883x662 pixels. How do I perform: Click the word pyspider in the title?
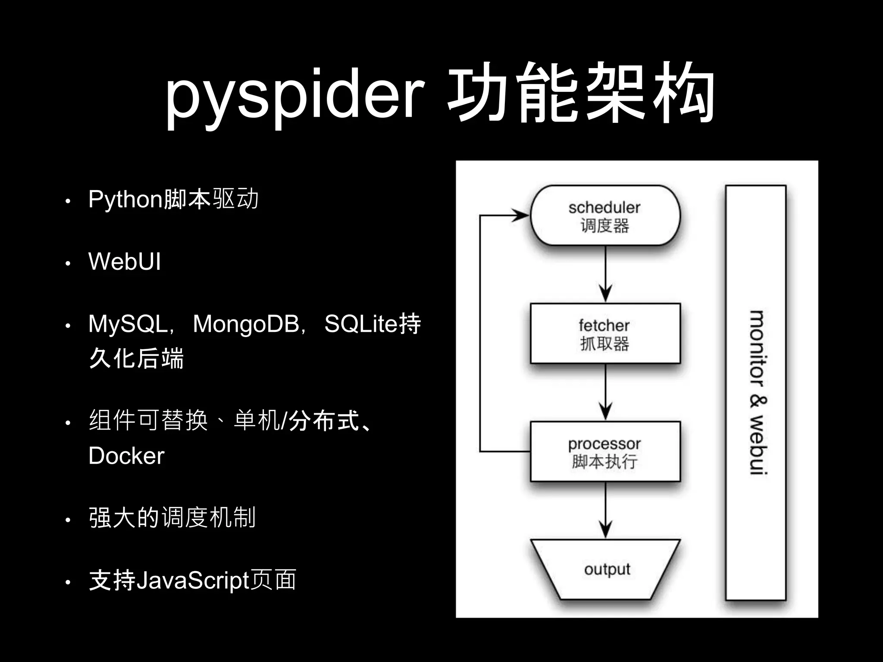[294, 96]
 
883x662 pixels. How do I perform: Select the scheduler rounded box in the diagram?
[605, 216]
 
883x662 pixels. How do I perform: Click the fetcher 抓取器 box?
[605, 334]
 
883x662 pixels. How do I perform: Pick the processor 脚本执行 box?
[605, 452]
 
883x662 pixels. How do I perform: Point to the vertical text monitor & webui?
[757, 392]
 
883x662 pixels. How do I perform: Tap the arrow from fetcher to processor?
[606, 392]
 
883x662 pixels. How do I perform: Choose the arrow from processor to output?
[606, 510]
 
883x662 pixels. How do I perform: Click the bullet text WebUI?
[125, 262]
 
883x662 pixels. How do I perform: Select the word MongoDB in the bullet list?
[246, 324]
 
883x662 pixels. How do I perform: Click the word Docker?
[126, 456]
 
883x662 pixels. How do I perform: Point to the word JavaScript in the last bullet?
[193, 580]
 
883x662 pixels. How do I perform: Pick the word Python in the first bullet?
[125, 200]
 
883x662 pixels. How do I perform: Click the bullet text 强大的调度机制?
[172, 518]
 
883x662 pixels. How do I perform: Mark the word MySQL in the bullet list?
[128, 324]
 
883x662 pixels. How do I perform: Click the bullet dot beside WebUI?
[68, 263]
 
